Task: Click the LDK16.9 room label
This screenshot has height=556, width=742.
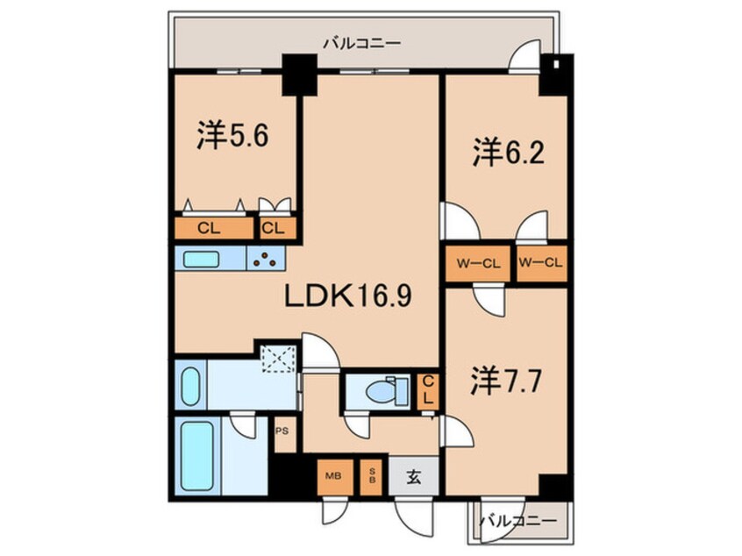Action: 347,297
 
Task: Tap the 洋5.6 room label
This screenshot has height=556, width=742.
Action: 231,137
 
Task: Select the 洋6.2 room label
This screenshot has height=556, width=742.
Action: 509,153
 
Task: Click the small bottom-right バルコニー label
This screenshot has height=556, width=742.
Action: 517,520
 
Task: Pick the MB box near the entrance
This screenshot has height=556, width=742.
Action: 333,477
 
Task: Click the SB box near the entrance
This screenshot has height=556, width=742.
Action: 372,477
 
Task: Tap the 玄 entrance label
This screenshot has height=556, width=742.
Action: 413,478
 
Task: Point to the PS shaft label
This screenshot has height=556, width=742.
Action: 282,431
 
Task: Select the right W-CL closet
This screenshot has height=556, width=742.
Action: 540,261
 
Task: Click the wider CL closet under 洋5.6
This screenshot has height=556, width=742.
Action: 210,230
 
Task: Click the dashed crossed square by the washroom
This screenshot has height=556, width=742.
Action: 280,358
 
